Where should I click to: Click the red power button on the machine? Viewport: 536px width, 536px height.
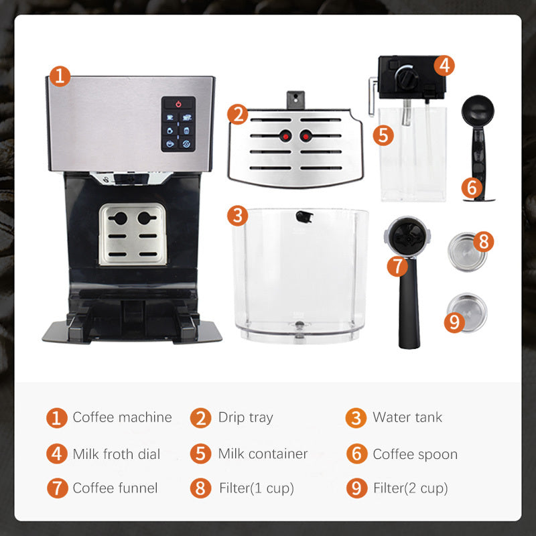[x=178, y=104]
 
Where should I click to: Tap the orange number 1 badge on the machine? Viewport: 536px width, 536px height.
[x=60, y=76]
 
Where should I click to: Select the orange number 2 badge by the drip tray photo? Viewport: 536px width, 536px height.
[x=237, y=114]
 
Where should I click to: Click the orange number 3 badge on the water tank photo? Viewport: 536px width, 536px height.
[x=237, y=216]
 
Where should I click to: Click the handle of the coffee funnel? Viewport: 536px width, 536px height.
[x=408, y=308]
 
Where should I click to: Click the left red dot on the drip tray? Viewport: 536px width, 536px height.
[x=283, y=136]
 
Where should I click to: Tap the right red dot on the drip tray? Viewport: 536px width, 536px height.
[x=307, y=136]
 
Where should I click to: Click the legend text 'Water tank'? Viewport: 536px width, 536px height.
[x=407, y=417]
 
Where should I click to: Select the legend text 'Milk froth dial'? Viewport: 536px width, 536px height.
[x=117, y=454]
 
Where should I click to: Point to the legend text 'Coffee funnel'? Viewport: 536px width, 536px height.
[x=115, y=488]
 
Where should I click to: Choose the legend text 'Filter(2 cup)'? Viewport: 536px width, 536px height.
[x=410, y=488]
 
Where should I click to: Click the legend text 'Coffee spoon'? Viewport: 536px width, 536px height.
[x=415, y=454]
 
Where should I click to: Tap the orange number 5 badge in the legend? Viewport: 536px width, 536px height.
[x=200, y=454]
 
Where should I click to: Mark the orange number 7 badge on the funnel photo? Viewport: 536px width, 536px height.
[x=397, y=266]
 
